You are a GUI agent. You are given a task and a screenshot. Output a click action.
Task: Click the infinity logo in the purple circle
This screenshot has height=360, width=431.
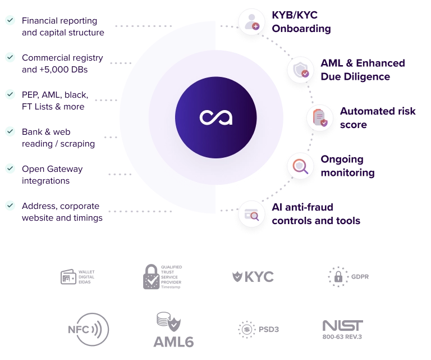(216, 117)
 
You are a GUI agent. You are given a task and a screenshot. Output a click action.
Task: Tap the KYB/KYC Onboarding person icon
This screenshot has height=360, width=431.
(251, 22)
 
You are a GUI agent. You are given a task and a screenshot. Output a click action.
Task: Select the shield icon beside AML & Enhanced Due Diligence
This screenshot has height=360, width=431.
(300, 70)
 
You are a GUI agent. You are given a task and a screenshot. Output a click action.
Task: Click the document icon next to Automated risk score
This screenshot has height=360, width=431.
(320, 118)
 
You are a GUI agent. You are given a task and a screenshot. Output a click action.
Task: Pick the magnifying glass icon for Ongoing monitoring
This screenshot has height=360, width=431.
(300, 166)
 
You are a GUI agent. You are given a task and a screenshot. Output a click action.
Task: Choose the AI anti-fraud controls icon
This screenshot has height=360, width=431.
(251, 214)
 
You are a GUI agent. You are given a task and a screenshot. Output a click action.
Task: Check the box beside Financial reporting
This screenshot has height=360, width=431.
(11, 21)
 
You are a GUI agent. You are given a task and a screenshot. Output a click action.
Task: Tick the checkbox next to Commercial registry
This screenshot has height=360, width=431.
(11, 57)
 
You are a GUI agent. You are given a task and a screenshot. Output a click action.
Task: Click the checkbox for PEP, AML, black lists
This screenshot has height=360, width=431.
(11, 93)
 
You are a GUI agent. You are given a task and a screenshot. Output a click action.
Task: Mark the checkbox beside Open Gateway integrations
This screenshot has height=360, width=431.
(11, 168)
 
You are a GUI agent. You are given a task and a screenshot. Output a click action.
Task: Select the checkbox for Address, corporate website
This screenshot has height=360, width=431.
(11, 205)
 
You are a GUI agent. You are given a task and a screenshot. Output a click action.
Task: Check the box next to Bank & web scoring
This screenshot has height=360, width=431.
(11, 132)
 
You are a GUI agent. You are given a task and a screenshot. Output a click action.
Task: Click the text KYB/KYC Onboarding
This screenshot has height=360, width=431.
(301, 22)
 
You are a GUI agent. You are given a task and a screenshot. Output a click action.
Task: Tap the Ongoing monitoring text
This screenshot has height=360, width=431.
(347, 166)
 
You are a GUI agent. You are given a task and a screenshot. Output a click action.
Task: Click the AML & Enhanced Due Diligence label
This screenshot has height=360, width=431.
(363, 70)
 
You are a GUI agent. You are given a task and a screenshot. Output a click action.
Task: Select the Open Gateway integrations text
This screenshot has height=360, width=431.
(53, 175)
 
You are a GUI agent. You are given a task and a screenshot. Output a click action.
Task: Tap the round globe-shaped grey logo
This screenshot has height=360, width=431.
(90, 330)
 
